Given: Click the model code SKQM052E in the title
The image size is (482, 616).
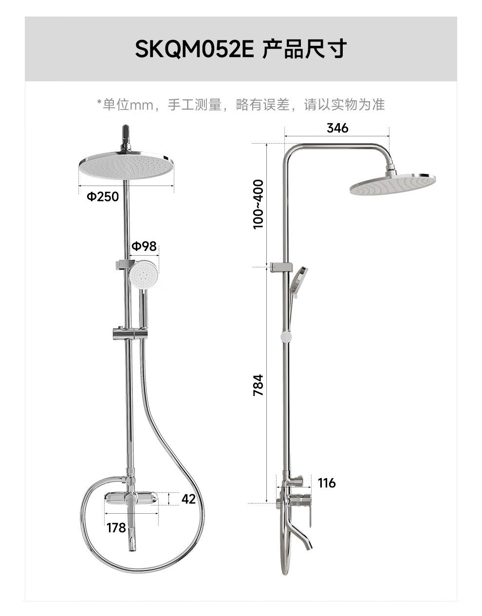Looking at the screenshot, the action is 194,49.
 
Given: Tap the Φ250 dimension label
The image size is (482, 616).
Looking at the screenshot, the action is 103,196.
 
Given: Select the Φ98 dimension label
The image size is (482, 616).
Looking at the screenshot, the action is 144,246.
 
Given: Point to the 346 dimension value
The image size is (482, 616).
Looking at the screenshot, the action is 337,128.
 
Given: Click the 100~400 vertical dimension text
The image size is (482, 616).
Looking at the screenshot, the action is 258,204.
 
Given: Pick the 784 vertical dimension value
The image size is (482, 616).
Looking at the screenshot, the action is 258,385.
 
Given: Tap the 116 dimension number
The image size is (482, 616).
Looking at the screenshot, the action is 327,483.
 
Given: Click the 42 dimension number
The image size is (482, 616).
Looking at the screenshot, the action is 188,499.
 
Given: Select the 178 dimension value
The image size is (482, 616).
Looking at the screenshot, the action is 116,528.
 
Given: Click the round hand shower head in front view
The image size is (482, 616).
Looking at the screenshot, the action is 143,274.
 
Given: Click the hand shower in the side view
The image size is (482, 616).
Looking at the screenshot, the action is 297,280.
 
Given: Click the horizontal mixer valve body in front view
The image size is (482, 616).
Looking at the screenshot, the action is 131,498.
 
